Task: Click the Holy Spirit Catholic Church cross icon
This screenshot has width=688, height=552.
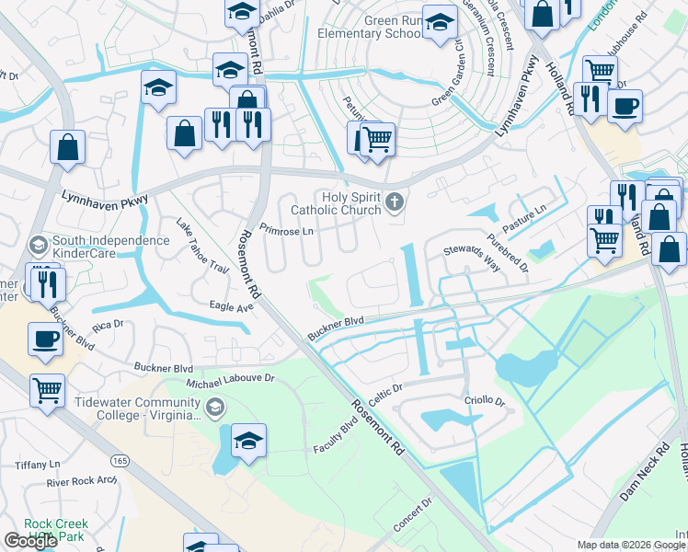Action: pyautogui.click(x=395, y=201)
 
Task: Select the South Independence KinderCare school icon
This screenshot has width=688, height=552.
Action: pyautogui.click(x=38, y=245)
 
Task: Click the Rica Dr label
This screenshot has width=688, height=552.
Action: pyautogui.click(x=107, y=325)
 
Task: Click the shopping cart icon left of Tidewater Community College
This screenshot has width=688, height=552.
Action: pyautogui.click(x=47, y=389)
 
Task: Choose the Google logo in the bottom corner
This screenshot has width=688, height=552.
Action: pyautogui.click(x=29, y=541)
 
